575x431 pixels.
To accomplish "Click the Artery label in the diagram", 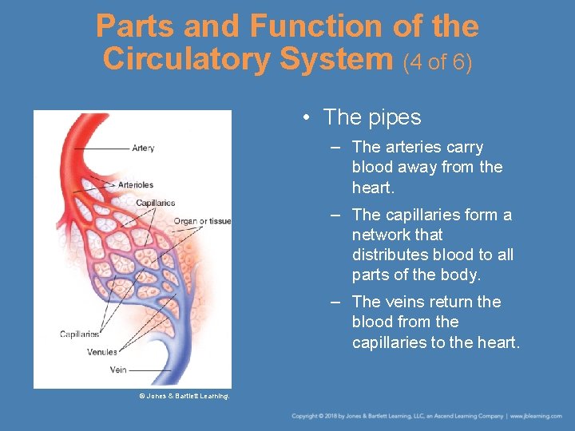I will (x=143, y=148).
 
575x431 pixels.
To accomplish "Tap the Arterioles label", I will (x=135, y=185).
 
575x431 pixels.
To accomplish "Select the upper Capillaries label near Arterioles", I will (x=155, y=203).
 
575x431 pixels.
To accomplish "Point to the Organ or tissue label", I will (x=202, y=221).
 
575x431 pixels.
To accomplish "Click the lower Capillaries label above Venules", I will (x=79, y=334).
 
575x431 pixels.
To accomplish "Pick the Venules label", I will (x=101, y=352).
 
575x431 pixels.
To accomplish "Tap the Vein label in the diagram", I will (x=118, y=370).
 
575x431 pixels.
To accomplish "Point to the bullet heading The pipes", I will (x=371, y=117).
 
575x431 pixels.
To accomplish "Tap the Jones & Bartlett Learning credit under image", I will (x=184, y=396).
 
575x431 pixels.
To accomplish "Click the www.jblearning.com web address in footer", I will (x=538, y=416).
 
